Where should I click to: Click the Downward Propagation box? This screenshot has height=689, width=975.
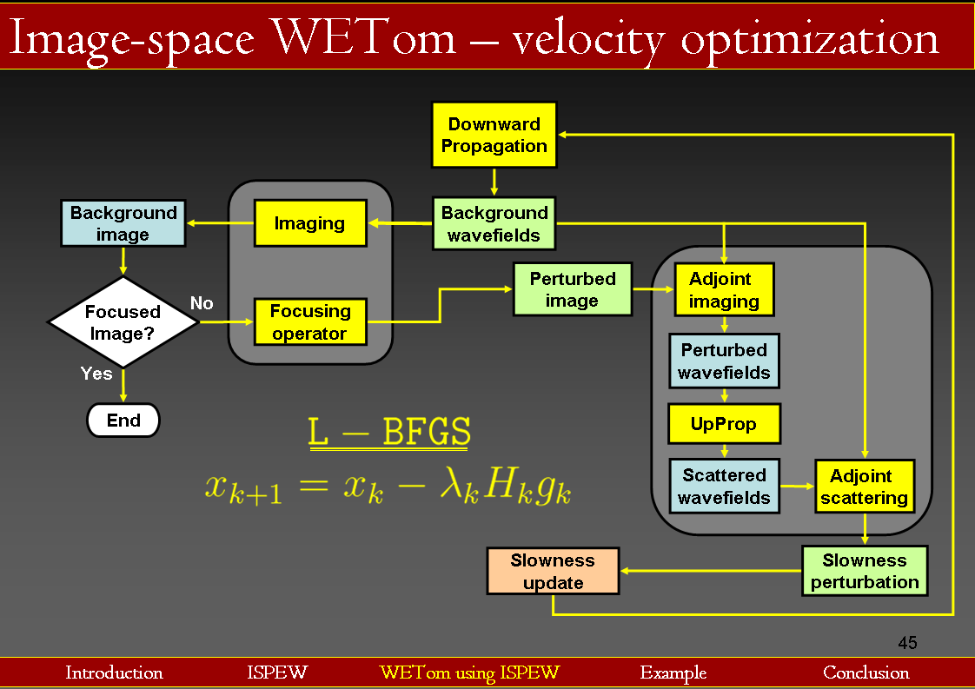pyautogui.click(x=494, y=135)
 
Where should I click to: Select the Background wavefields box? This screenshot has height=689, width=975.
pyautogui.click(x=494, y=223)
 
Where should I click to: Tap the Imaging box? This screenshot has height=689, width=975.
pyautogui.click(x=309, y=223)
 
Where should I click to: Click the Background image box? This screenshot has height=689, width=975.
pyautogui.click(x=123, y=223)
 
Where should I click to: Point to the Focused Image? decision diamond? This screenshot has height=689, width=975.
pyautogui.click(x=123, y=322)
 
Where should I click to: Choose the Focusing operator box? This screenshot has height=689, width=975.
pyautogui.click(x=309, y=321)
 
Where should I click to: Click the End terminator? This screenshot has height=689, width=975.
pyautogui.click(x=123, y=421)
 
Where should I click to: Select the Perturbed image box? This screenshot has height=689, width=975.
pyautogui.click(x=572, y=289)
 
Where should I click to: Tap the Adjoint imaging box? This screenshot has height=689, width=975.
pyautogui.click(x=724, y=290)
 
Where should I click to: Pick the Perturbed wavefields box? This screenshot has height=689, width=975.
pyautogui.click(x=724, y=361)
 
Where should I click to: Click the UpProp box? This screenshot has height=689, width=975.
pyautogui.click(x=724, y=424)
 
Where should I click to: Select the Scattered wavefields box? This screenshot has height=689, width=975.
pyautogui.click(x=724, y=486)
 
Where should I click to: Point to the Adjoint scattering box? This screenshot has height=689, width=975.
pyautogui.click(x=864, y=487)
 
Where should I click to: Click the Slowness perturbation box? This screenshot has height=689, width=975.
pyautogui.click(x=864, y=571)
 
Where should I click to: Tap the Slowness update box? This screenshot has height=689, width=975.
pyautogui.click(x=553, y=571)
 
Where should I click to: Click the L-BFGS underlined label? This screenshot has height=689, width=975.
pyautogui.click(x=389, y=433)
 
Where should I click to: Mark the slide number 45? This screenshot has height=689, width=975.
pyautogui.click(x=907, y=643)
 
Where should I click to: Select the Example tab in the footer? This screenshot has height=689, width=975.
pyautogui.click(x=673, y=672)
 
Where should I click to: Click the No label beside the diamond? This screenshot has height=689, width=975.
pyautogui.click(x=202, y=302)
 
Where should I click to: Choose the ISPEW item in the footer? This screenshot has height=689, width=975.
pyautogui.click(x=276, y=672)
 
